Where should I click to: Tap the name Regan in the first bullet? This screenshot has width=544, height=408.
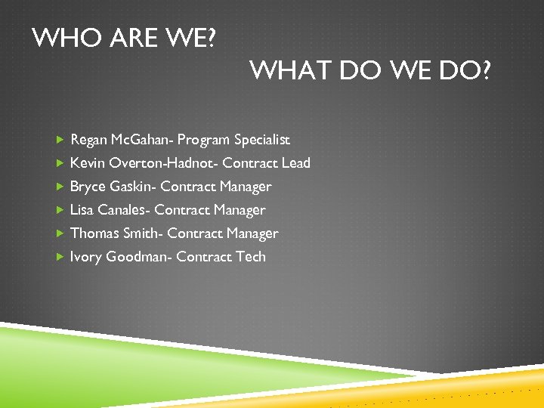(x=88, y=140)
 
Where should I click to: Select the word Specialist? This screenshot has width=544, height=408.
(x=262, y=140)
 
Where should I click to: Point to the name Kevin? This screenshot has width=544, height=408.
(x=87, y=163)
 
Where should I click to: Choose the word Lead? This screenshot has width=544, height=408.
(x=295, y=163)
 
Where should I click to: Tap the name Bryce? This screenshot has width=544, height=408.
(x=88, y=187)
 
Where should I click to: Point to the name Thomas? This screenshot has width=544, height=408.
(x=94, y=233)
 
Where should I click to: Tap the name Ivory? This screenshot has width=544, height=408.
(x=85, y=257)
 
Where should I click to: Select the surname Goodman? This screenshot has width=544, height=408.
(x=138, y=257)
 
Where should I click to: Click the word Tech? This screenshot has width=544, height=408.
(x=251, y=257)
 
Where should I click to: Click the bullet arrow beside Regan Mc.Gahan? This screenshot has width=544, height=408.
(x=60, y=140)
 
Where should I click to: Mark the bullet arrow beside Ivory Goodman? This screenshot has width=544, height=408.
(x=60, y=257)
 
